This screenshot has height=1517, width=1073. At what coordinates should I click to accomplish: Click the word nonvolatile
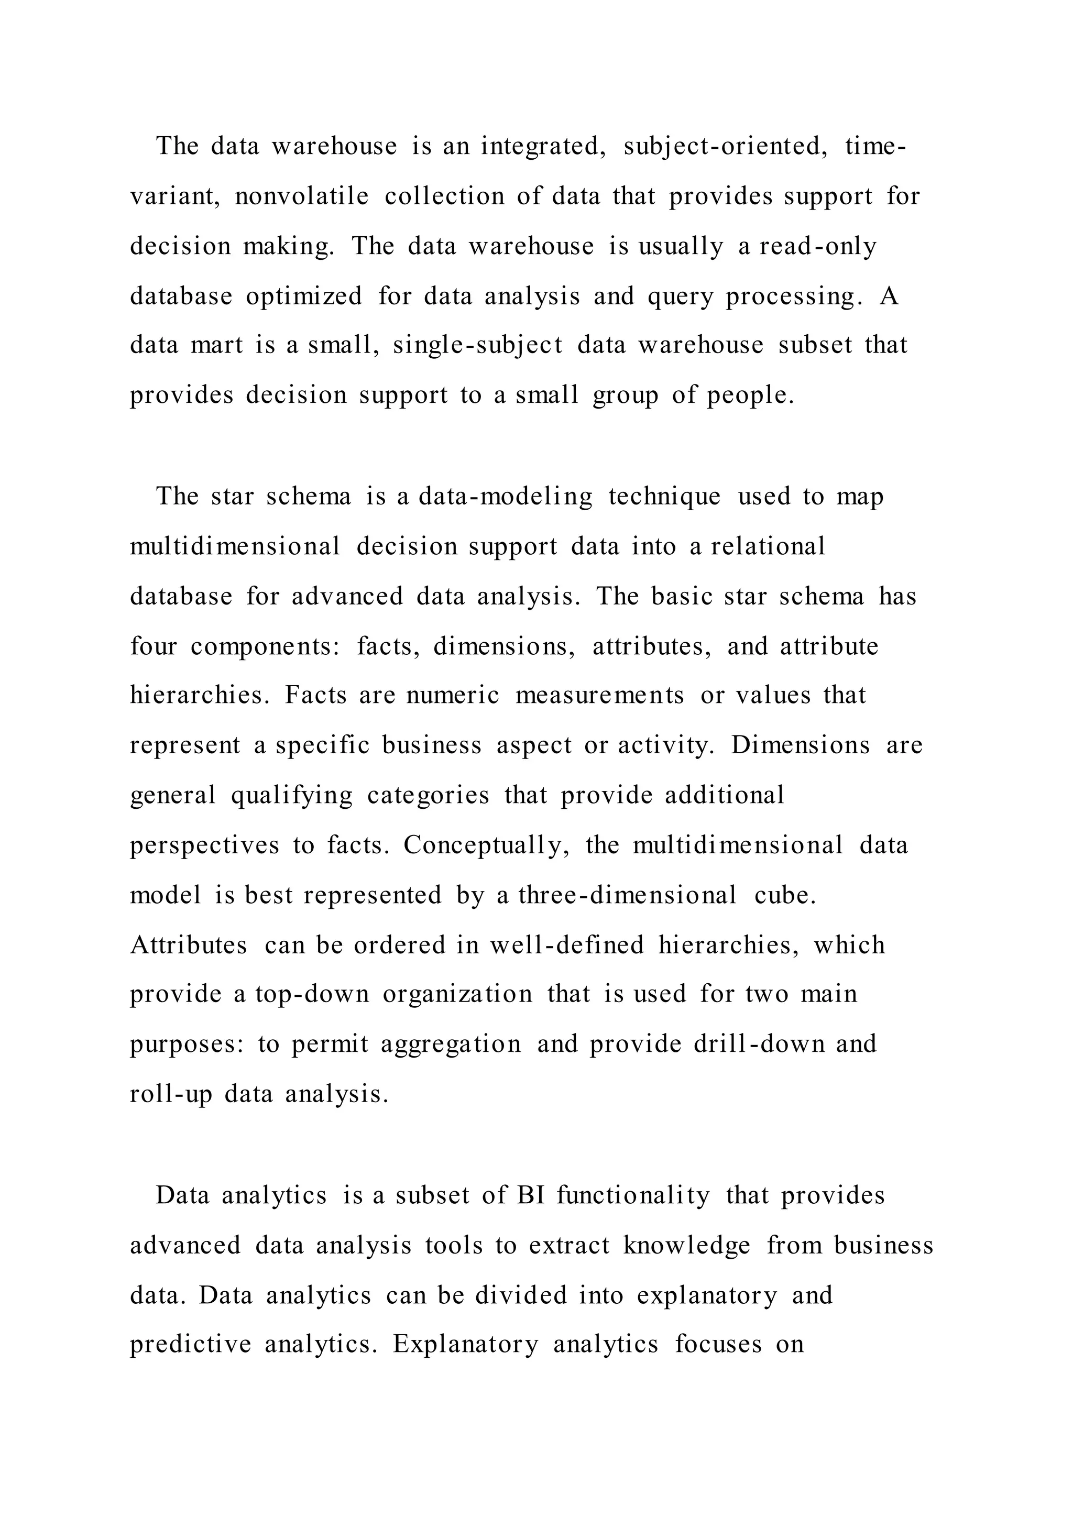click(x=301, y=196)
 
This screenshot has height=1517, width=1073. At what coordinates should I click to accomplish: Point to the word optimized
click(x=304, y=295)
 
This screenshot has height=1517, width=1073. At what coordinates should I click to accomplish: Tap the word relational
click(x=768, y=546)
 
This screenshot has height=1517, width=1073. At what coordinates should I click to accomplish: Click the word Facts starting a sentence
click(x=315, y=695)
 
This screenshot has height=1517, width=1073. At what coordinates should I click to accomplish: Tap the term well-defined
click(x=566, y=945)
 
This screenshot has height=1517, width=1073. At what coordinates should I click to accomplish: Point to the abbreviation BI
click(x=531, y=1195)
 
